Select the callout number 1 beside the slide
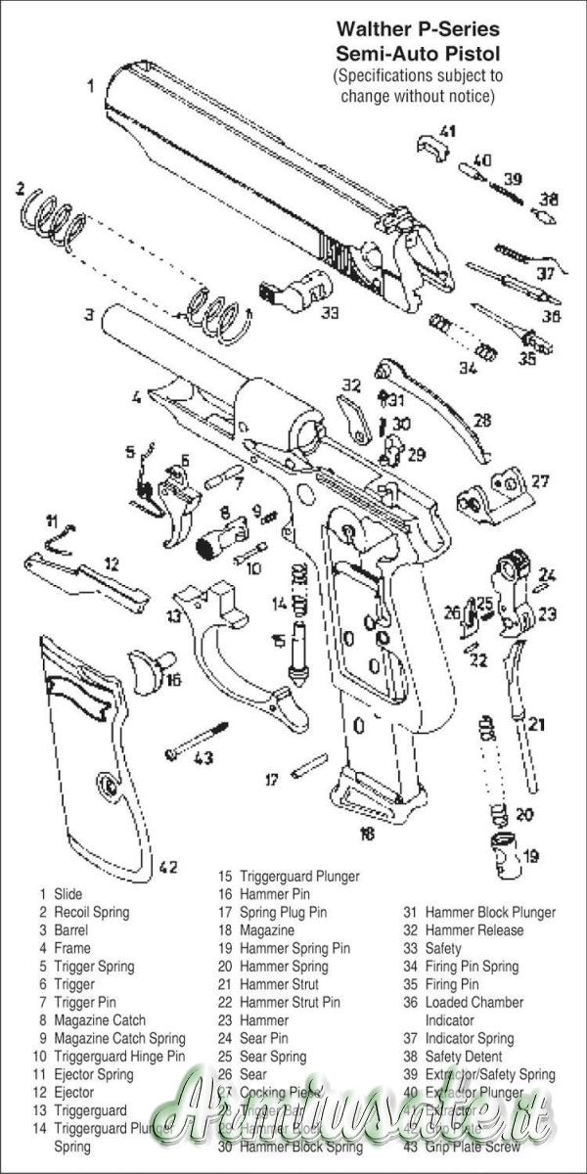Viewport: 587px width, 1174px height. click(x=91, y=85)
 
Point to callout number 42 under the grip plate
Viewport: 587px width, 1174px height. click(x=167, y=866)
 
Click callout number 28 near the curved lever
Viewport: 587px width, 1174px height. click(x=481, y=420)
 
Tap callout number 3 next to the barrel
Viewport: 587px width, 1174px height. click(x=88, y=315)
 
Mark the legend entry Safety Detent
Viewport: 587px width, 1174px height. click(x=464, y=1057)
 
